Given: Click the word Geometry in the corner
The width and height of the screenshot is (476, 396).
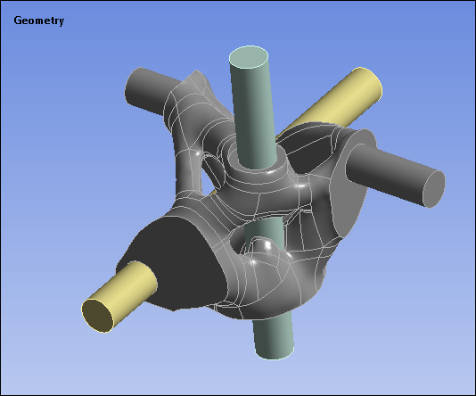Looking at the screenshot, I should (38, 21).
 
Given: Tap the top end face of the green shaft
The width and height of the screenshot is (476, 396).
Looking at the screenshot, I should (249, 58).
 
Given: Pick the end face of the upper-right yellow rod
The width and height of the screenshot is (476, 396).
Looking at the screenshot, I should (368, 84).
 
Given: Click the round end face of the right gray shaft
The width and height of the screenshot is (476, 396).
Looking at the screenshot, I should (433, 188).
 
